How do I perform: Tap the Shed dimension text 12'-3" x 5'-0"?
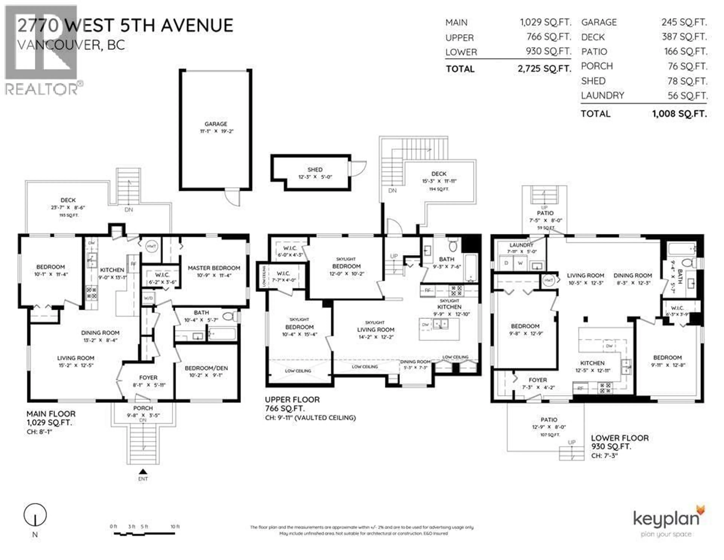(315, 177)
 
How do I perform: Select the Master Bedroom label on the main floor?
(214, 268)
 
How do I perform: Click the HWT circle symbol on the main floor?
(152, 246)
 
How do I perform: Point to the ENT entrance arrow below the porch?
(143, 472)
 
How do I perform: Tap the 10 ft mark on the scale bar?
(175, 526)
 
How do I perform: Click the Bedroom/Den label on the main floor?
(206, 368)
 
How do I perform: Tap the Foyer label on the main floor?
(148, 378)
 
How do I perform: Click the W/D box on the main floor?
(148, 298)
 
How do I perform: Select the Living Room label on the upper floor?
(376, 330)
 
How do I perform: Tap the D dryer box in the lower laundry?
(506, 263)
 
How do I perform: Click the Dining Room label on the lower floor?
(633, 275)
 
